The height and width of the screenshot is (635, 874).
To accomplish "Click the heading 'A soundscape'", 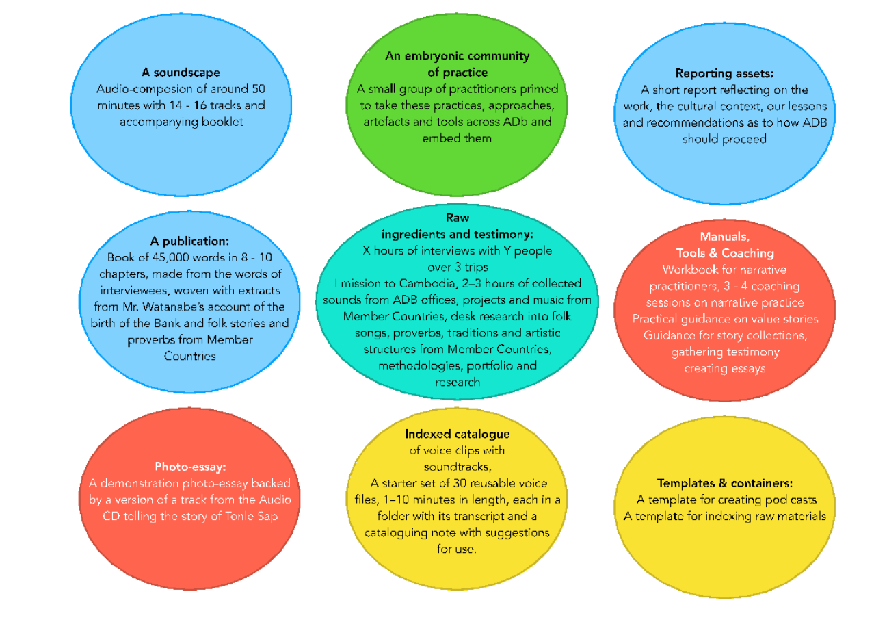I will [x=181, y=72].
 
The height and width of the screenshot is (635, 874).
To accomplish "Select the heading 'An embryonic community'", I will [x=457, y=56].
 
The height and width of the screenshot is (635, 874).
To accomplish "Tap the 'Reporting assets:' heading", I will [x=724, y=73].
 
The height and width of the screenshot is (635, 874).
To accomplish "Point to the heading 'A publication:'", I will [x=189, y=241].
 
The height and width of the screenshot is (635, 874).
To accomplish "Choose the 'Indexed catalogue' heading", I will [x=458, y=434].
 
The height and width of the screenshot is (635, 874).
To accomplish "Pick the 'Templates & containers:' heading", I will [x=724, y=482].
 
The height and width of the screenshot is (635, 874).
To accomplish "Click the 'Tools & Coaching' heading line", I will [x=724, y=252].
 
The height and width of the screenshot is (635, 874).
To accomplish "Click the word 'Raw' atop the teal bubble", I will [x=458, y=218].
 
